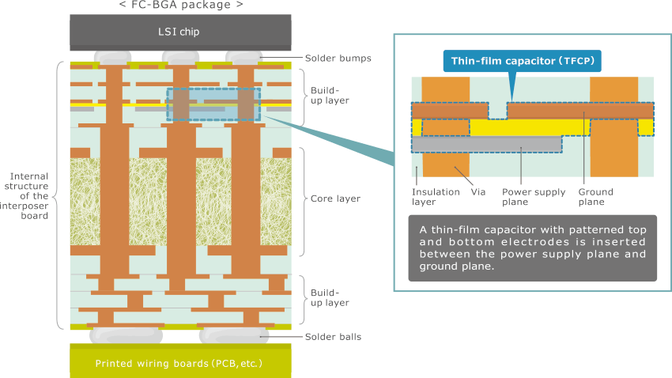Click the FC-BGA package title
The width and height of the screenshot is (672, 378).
coord(180,6)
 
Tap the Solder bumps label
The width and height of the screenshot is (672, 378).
coord(338,59)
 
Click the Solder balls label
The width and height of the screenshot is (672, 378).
coord(334,337)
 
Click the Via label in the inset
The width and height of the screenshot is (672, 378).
coord(478,191)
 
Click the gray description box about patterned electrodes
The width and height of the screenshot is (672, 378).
coord(532,248)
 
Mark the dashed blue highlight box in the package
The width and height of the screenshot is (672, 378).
coord(213,104)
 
